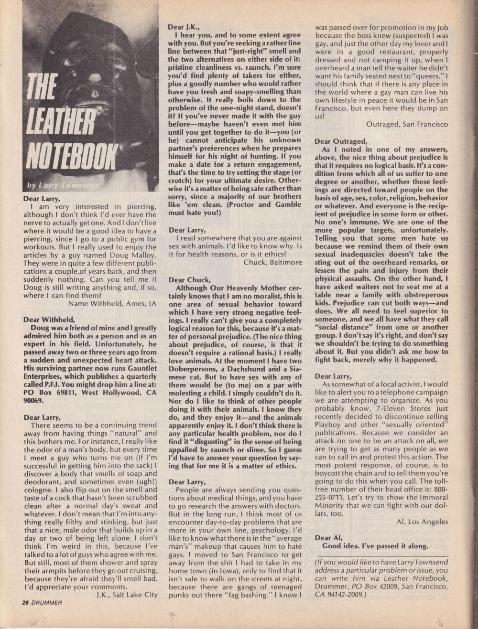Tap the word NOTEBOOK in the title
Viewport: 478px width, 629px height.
71,155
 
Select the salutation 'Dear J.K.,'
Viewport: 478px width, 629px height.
185,27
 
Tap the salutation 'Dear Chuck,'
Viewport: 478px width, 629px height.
189,279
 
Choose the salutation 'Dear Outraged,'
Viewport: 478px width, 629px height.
341,141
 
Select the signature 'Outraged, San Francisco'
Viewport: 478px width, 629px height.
407,124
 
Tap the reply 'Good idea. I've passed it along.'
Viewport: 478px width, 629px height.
375,545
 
